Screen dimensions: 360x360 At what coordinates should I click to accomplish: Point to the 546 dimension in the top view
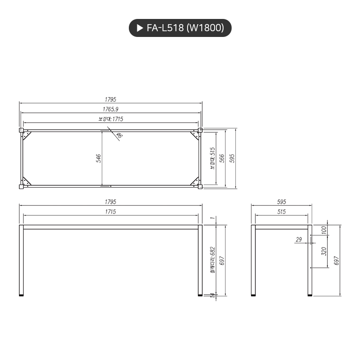pos(99,159)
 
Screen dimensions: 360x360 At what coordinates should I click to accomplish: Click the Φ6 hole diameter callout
pos(119,135)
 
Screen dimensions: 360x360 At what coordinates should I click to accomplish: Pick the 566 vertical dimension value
pos(222,159)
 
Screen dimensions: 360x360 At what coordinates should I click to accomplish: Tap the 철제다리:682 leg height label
pos(213,260)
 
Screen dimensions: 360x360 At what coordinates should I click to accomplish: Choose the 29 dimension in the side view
pos(299,240)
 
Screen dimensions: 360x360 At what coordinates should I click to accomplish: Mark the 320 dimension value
pos(324,251)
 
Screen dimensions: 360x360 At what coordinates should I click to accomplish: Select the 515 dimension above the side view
pos(281,212)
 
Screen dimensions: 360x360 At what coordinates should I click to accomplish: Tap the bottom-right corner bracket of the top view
pos(195,181)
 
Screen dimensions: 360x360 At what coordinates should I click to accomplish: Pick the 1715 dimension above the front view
pos(111,212)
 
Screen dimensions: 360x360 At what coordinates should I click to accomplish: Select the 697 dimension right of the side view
pos(337,260)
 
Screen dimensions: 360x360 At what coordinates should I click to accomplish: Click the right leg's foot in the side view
pos(311,295)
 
